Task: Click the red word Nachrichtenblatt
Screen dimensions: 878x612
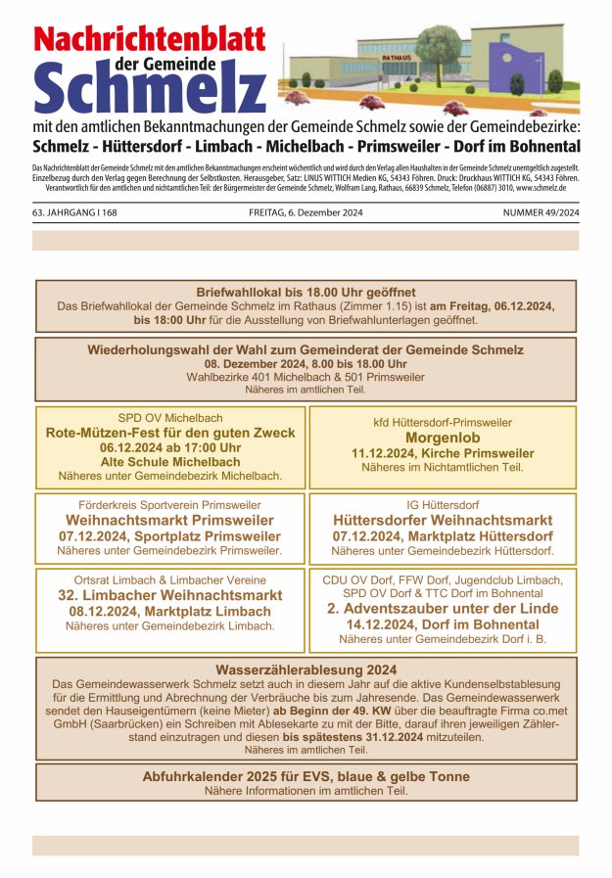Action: click(x=150, y=39)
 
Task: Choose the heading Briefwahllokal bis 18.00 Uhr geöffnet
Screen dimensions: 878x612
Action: click(x=306, y=292)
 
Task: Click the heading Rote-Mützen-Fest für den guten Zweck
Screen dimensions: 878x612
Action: click(x=170, y=433)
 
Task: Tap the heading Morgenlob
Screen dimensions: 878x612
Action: click(x=443, y=438)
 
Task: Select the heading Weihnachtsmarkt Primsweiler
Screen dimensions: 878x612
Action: click(x=170, y=520)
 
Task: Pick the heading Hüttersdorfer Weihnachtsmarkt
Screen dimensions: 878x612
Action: click(x=443, y=520)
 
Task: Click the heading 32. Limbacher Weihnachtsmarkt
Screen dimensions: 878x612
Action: click(x=170, y=595)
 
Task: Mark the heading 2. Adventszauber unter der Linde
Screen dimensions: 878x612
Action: click(x=443, y=608)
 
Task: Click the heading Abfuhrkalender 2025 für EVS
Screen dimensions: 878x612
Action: click(x=306, y=775)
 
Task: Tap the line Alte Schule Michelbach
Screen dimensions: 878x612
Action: click(x=170, y=462)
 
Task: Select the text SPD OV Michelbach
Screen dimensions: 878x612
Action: click(x=170, y=417)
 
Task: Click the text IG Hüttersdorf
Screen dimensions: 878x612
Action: click(x=443, y=504)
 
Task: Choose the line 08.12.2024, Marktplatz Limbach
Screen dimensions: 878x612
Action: click(x=170, y=611)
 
